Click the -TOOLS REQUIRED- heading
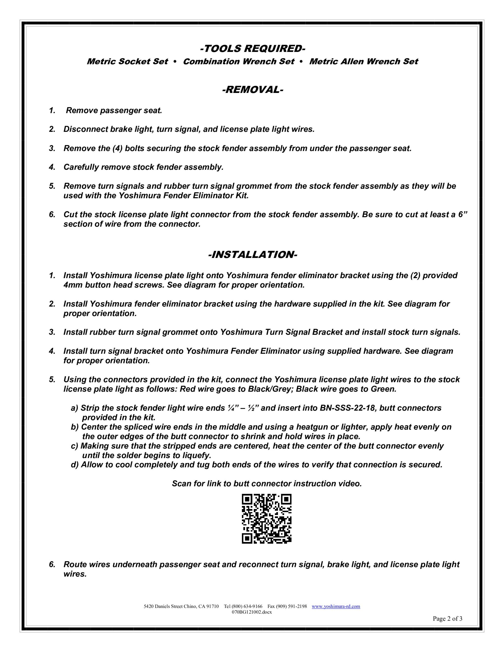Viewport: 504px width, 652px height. pyautogui.click(x=253, y=48)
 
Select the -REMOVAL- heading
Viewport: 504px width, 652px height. pyautogui.click(x=253, y=90)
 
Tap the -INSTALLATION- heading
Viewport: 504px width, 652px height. pyautogui.click(x=253, y=255)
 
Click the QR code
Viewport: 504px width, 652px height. pyautogui.click(x=267, y=519)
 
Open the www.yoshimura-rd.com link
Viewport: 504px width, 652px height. pyautogui.click(x=336, y=606)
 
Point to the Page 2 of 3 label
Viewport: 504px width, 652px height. pyautogui.click(x=447, y=619)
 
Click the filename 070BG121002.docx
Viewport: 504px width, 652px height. pyautogui.click(x=252, y=612)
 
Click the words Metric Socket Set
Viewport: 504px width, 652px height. pyautogui.click(x=127, y=61)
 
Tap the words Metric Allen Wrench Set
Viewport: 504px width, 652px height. pyautogui.click(x=364, y=61)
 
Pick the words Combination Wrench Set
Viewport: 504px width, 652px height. pyautogui.click(x=238, y=61)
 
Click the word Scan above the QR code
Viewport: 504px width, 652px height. pyautogui.click(x=181, y=484)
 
